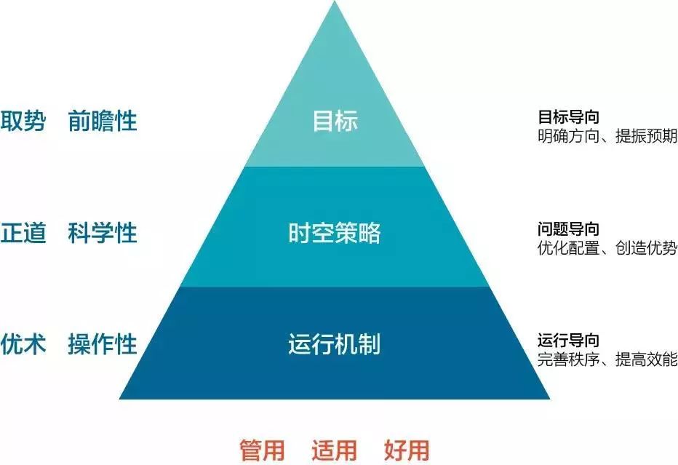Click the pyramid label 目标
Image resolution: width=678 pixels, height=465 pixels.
[335, 121]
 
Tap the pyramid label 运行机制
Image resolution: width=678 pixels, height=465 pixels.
[335, 343]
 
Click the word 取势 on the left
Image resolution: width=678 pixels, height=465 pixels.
[23, 121]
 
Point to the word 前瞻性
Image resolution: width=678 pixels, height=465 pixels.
[103, 121]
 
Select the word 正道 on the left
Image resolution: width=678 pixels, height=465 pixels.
[23, 233]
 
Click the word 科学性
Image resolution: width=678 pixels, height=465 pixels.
[103, 233]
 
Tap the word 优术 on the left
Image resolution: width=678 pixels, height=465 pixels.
[23, 343]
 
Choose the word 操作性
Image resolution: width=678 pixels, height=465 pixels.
[103, 343]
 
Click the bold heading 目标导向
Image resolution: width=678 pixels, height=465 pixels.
[569, 116]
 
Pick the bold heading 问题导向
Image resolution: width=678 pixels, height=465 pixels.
[569, 229]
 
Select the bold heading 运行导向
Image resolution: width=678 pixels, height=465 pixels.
[569, 341]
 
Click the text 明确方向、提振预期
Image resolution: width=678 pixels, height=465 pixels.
[607, 136]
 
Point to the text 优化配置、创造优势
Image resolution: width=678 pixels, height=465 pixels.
[607, 248]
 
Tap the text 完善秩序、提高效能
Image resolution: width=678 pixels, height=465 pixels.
[607, 359]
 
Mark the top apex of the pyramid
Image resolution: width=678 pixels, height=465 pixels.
[335, 2]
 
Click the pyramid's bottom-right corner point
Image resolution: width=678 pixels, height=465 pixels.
[549, 399]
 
